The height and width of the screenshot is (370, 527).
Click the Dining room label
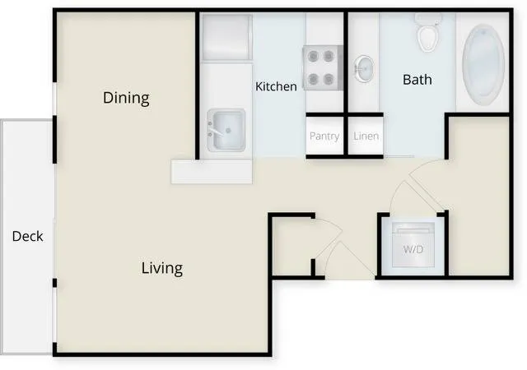tap(126, 98)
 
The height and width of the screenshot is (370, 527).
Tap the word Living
tap(162, 268)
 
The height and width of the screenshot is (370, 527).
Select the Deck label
tap(27, 236)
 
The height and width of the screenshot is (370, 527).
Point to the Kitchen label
tap(276, 86)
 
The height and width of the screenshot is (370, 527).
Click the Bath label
tap(417, 80)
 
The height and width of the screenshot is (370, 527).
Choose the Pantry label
tap(324, 136)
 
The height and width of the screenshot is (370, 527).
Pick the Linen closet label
tap(366, 136)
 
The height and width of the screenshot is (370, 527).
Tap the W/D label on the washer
tap(413, 249)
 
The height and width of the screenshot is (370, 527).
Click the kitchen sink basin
tap(226, 130)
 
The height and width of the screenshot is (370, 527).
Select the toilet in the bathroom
tap(427, 32)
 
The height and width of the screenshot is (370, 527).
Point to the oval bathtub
tap(483, 65)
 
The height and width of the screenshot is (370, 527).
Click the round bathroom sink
tap(364, 69)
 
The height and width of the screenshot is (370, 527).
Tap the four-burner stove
tap(323, 67)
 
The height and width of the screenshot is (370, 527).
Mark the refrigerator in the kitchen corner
tap(227, 37)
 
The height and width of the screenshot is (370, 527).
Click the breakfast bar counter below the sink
tap(212, 172)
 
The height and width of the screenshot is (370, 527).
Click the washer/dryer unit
tap(413, 244)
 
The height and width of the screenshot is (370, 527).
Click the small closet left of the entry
tap(291, 246)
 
